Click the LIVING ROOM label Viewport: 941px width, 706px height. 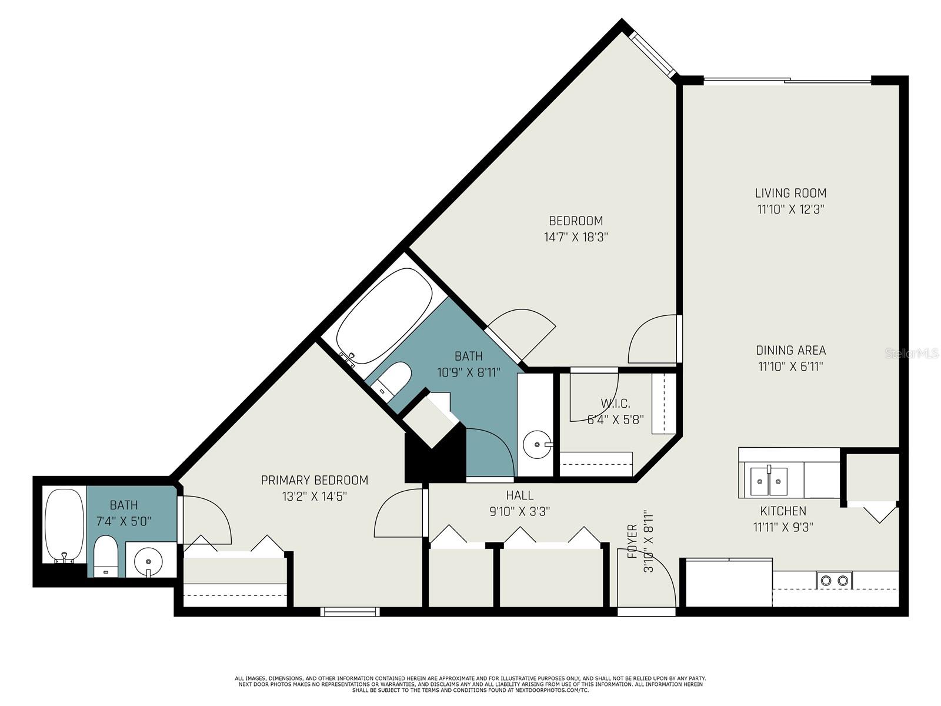(790, 193)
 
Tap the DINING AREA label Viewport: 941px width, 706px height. (790, 350)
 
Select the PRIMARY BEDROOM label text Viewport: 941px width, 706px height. (314, 480)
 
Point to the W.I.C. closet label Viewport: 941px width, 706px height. (615, 404)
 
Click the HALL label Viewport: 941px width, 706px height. (519, 495)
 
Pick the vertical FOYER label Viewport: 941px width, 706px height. (632, 541)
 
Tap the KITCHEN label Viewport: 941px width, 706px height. (783, 511)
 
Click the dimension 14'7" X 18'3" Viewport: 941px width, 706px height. (576, 237)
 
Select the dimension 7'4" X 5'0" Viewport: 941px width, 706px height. (124, 521)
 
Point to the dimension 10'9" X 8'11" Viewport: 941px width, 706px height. (469, 372)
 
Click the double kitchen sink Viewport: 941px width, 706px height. (769, 481)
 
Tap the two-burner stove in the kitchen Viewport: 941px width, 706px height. (834, 581)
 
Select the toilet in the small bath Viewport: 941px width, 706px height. (105, 556)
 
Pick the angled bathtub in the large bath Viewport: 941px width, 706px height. (385, 317)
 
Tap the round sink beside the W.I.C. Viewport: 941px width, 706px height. (537, 444)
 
